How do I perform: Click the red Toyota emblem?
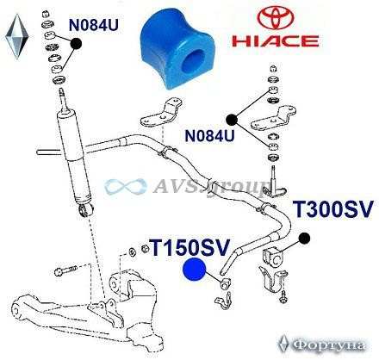tap(276, 20)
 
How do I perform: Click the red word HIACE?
tap(275, 41)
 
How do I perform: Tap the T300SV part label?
tap(332, 209)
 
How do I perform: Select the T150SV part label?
tap(190, 248)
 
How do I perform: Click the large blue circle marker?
tap(195, 269)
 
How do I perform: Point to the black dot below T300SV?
tap(304, 239)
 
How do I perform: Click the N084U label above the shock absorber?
tap(94, 25)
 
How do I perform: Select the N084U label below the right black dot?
tap(209, 135)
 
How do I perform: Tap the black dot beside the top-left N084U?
tap(76, 43)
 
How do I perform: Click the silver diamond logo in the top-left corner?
tap(17, 36)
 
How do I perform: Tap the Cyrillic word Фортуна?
tap(329, 344)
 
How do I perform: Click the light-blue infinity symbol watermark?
tap(126, 187)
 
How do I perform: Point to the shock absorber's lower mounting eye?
tap(85, 210)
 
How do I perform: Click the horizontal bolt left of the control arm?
tap(65, 270)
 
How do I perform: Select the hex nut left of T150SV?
tap(145, 248)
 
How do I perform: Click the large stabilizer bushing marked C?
tap(273, 258)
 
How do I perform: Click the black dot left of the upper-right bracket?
tap(232, 120)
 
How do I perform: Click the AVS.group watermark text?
tap(209, 188)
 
